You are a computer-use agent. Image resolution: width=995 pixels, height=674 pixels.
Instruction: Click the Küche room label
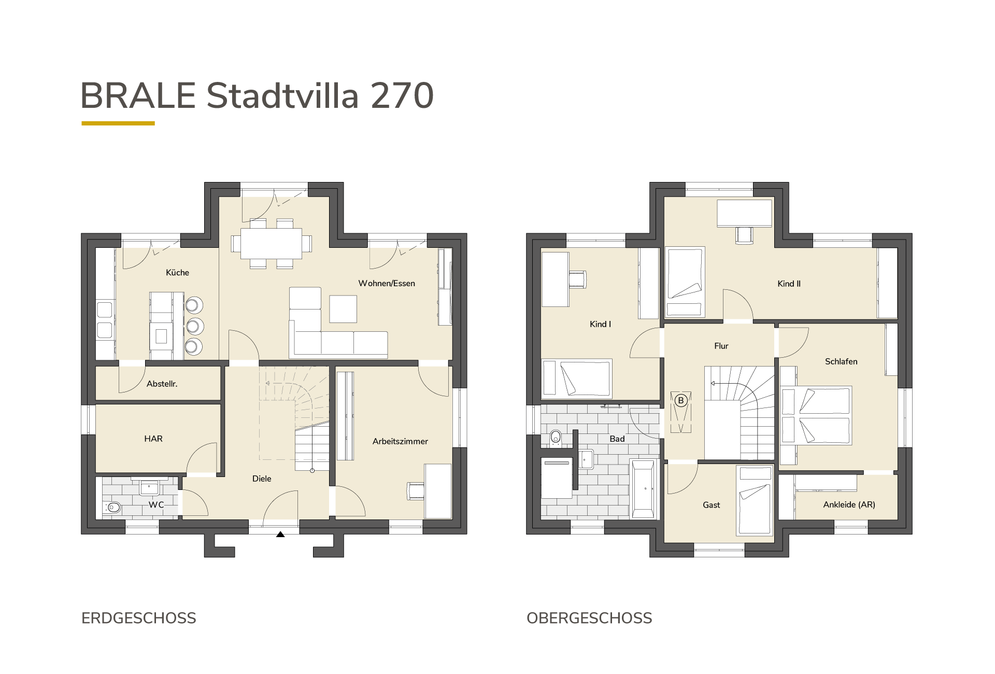(x=177, y=273)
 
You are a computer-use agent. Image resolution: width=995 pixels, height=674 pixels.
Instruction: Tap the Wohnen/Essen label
(x=387, y=284)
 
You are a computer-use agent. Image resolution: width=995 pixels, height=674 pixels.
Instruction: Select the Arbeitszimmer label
(x=400, y=442)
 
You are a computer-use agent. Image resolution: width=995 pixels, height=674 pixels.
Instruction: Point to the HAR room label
(x=153, y=439)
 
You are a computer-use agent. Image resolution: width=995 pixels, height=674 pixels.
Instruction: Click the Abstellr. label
(x=162, y=384)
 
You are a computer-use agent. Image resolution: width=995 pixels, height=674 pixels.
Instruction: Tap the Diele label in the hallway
(x=262, y=479)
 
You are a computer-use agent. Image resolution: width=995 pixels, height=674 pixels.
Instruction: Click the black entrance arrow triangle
(x=280, y=534)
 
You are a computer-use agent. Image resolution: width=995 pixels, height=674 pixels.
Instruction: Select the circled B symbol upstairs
(x=681, y=401)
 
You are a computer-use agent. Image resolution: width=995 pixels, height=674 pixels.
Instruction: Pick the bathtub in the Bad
(x=644, y=488)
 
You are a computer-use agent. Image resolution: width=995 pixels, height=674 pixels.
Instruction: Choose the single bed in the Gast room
(x=754, y=501)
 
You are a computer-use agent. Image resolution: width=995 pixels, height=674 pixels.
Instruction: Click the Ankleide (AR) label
(x=849, y=504)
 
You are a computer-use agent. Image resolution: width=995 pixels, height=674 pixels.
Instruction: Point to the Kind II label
(x=789, y=284)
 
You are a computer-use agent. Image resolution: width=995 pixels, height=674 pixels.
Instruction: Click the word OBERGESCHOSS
(x=589, y=619)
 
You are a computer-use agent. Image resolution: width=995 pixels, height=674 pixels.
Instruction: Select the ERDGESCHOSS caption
(x=139, y=619)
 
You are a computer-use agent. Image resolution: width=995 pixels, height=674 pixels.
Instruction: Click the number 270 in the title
(x=402, y=96)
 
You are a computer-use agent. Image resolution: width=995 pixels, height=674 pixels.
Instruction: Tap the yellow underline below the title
(x=118, y=123)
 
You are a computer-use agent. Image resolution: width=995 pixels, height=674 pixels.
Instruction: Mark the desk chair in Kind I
(x=578, y=278)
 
